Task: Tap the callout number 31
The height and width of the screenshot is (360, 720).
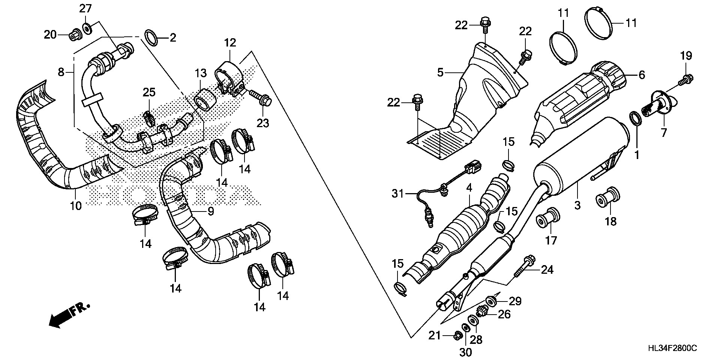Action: (x=398, y=194)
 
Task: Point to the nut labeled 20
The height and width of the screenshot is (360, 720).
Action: (x=73, y=35)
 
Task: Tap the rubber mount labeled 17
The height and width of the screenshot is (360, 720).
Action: (x=548, y=218)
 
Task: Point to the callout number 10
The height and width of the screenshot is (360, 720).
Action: (x=76, y=205)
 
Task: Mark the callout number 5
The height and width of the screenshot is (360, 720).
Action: (x=440, y=72)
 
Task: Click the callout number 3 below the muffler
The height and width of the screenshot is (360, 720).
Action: (x=577, y=205)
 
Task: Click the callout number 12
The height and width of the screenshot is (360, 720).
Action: (x=230, y=43)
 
